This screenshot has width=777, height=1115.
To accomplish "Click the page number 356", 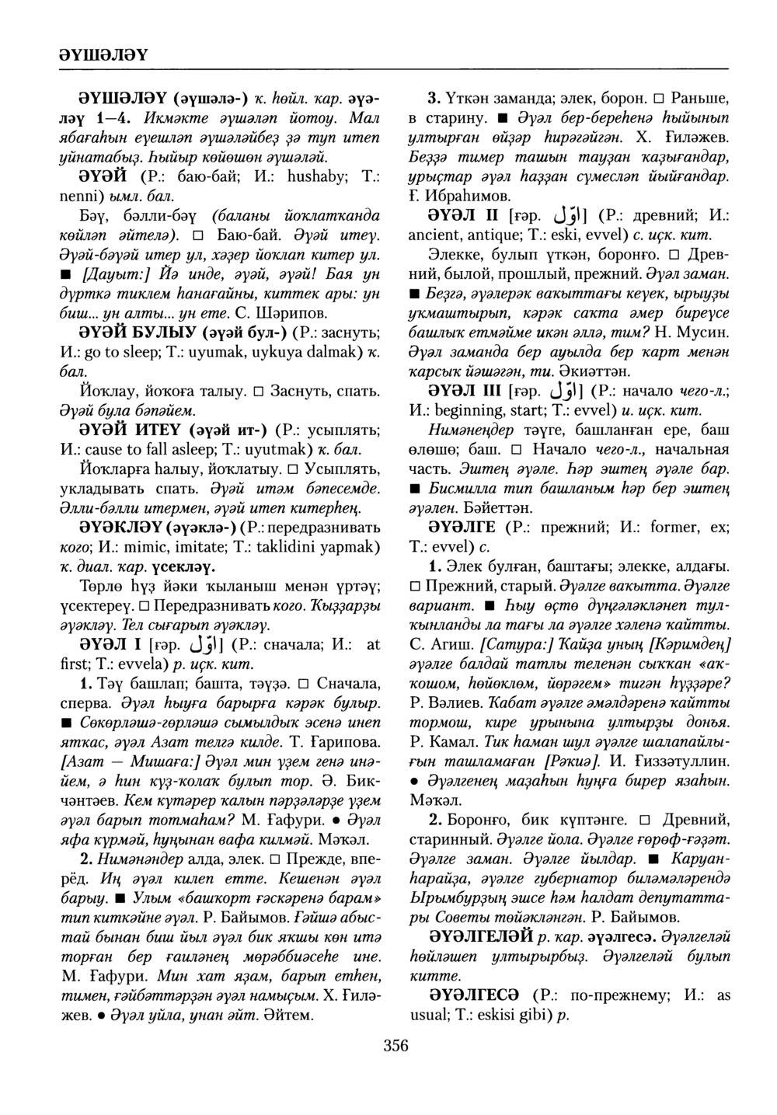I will (395, 1045).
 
